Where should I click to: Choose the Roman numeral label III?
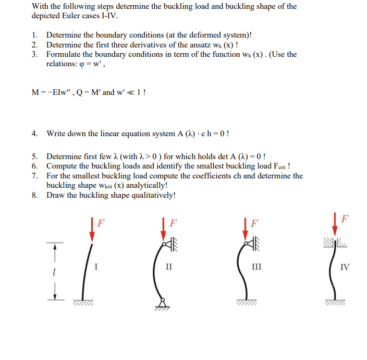[x=256, y=268]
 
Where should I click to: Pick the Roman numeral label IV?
[x=345, y=268]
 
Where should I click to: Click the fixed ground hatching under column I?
[x=83, y=304]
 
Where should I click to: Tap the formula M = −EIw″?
[x=53, y=92]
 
